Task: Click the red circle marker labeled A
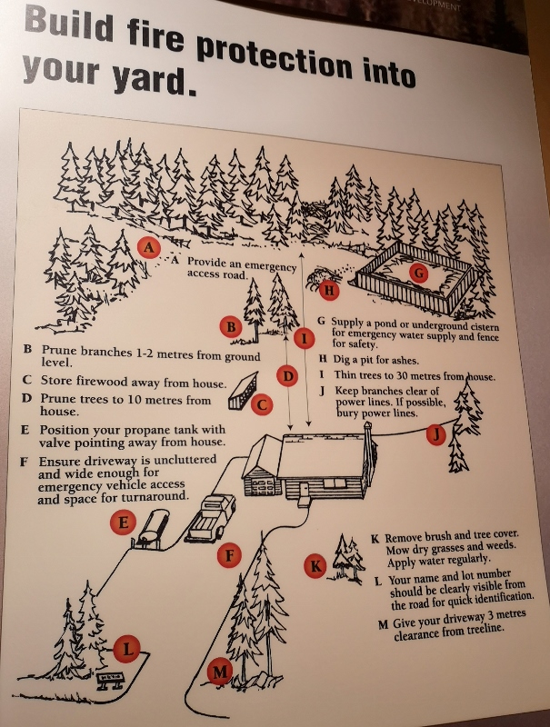[149, 247]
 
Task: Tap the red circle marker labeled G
[419, 273]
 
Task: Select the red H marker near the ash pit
[329, 290]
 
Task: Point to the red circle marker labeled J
[436, 434]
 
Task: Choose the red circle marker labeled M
[220, 671]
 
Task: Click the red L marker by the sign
[126, 649]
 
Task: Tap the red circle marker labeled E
[123, 523]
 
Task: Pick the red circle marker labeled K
[315, 565]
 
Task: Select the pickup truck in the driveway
[211, 518]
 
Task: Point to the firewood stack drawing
[243, 391]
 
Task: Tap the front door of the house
[305, 490]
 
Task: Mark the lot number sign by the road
[111, 681]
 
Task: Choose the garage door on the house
[263, 487]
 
